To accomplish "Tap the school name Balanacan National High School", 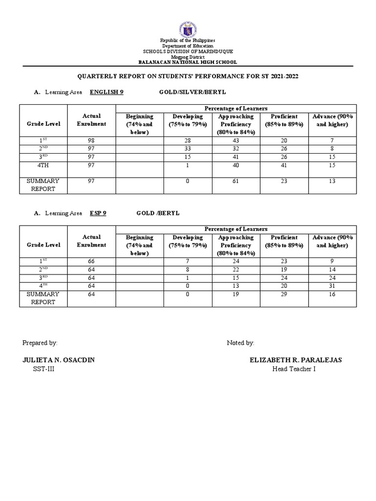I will pyautogui.click(x=188, y=62).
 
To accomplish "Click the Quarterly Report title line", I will pyautogui.click(x=188, y=77).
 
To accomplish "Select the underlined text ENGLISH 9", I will pyautogui.click(x=106, y=92).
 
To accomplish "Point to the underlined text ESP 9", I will pyautogui.click(x=98, y=213).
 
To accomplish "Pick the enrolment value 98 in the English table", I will pyautogui.click(x=92, y=140).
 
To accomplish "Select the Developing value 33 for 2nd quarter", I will pyautogui.click(x=187, y=149).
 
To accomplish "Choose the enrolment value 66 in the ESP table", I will pyautogui.click(x=92, y=262).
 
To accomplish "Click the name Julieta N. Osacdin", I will pyautogui.click(x=59, y=360).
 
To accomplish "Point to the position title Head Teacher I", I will pyautogui.click(x=294, y=369).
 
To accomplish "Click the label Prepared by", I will pyautogui.click(x=40, y=343).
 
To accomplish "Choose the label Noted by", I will pyautogui.click(x=240, y=343).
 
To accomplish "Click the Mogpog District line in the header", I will pyautogui.click(x=188, y=57).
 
